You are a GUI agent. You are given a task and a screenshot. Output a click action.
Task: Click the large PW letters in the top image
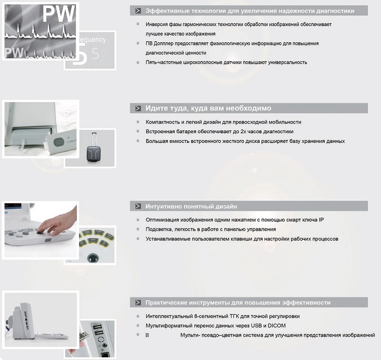pyautogui.click(x=59, y=14)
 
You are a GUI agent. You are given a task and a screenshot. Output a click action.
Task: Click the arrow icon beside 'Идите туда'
pyautogui.click(x=138, y=108)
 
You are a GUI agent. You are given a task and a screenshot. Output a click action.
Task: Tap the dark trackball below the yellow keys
pyautogui.click(x=93, y=258)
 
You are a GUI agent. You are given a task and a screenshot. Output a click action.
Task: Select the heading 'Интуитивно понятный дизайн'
pyautogui.click(x=191, y=206)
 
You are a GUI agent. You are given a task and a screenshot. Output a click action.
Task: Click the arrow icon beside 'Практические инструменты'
pyautogui.click(x=138, y=302)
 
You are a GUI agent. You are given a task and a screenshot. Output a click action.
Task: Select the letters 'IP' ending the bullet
pyautogui.click(x=321, y=220)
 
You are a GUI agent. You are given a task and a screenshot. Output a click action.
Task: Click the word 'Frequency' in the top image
pyautogui.click(x=93, y=40)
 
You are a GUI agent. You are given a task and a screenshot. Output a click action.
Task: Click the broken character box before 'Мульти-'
pyautogui.click(x=147, y=335)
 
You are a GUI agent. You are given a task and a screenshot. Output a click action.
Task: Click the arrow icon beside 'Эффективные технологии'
pyautogui.click(x=138, y=11)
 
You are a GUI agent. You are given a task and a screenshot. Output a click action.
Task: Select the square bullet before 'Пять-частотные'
pyautogui.click(x=138, y=63)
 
